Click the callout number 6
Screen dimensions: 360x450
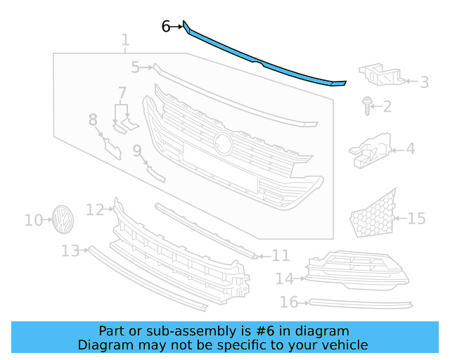[x=166, y=27]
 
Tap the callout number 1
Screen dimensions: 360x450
[x=125, y=40]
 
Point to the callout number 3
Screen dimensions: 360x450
[x=424, y=82]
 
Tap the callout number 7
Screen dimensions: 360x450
[x=122, y=93]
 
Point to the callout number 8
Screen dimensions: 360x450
[x=93, y=120]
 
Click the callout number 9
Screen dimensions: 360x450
[x=137, y=150]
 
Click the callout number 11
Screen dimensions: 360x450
[x=281, y=255]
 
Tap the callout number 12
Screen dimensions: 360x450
[x=95, y=209]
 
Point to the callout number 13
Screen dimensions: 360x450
[x=70, y=250]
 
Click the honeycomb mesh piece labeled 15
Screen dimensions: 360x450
[x=373, y=214]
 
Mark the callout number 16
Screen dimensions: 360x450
[x=289, y=302]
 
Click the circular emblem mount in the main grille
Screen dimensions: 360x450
[x=224, y=142]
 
